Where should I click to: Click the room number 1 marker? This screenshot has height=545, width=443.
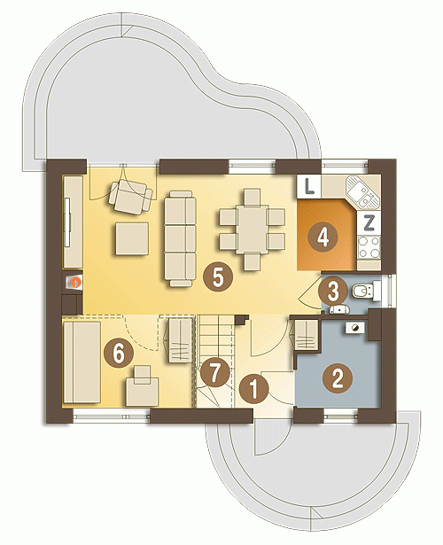coord(254,388)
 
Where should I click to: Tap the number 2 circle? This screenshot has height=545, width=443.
coord(338,378)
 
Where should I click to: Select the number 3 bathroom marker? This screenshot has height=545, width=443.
coord(333,292)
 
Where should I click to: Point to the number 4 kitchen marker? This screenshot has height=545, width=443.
coord(323,237)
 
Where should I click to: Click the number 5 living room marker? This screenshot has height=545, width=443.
coord(218,277)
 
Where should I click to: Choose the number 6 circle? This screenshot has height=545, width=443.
coord(119,354)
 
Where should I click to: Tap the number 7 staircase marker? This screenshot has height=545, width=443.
coord(215,372)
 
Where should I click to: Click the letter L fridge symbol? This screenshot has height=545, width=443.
coord(309,187)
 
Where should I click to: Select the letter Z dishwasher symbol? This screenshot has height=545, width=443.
coord(369,222)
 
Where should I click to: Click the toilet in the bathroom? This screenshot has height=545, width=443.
coord(365,291)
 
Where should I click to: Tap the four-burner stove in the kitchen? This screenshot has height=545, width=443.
coord(369,247)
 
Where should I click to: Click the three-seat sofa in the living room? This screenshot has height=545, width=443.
coord(180,238)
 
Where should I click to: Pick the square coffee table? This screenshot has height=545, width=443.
coord(132,239)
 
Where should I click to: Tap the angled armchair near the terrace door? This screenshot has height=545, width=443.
coord(130,197)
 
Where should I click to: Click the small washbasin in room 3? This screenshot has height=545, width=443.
coord(339,308)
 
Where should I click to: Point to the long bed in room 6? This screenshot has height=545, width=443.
coord(82,362)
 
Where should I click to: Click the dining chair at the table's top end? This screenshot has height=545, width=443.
coord(253,197)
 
